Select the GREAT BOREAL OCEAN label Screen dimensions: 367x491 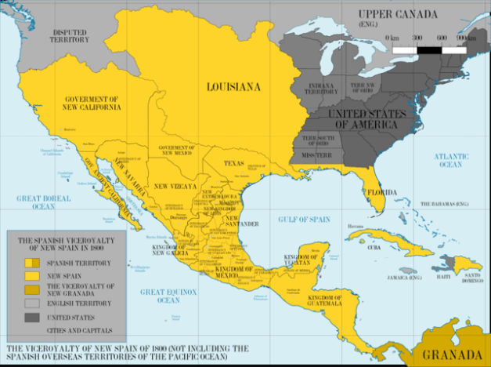tap(43, 203)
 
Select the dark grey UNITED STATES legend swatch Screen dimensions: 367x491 tap(32, 317)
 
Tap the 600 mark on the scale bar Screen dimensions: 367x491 tap(442, 38)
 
